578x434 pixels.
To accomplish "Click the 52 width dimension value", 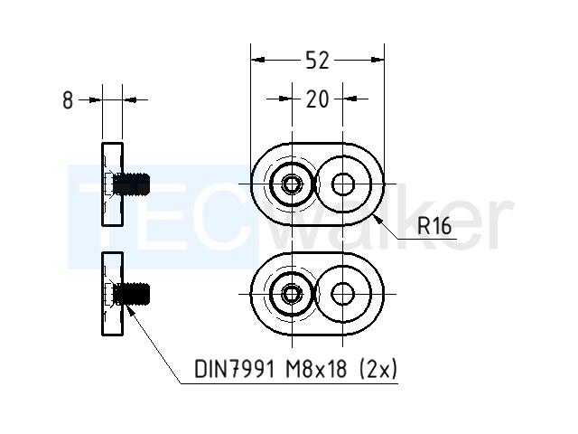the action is click(317, 61).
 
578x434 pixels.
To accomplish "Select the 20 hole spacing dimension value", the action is click(317, 99).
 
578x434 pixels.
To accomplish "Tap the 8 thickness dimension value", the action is click(68, 100).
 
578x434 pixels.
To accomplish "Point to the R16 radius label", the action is click(434, 226).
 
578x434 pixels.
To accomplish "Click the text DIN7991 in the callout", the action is click(235, 369).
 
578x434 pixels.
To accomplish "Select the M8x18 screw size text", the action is click(316, 369).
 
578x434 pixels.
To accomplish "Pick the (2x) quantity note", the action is click(378, 369).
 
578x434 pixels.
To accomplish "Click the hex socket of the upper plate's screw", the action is click(292, 184).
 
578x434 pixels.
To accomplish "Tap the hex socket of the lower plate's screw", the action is click(292, 294).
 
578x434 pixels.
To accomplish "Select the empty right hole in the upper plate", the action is click(343, 184).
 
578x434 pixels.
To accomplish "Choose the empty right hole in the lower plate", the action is click(343, 294).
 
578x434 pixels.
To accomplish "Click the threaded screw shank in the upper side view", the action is click(132, 184).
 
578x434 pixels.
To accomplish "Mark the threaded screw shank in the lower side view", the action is click(132, 294).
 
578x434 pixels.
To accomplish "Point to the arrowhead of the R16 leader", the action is click(378, 220).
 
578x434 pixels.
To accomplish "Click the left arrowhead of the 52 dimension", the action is click(257, 60).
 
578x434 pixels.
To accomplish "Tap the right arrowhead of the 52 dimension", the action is click(378, 60).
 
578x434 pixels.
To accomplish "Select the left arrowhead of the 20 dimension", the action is click(285, 99).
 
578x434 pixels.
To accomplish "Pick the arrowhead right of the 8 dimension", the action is click(129, 99).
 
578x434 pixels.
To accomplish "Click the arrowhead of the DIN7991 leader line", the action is click(129, 309).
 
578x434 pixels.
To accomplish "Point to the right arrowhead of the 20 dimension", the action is click(350, 99).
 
